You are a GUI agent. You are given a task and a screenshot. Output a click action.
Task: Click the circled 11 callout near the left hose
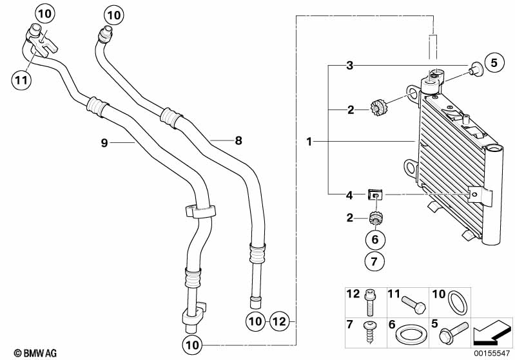pos(21,79)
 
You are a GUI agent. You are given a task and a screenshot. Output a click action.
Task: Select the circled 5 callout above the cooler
pos(494,62)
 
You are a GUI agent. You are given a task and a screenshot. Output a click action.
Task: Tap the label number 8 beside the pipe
pos(238,140)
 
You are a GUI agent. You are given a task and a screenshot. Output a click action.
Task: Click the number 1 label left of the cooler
pos(310,141)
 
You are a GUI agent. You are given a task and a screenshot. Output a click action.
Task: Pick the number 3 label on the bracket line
pos(349,65)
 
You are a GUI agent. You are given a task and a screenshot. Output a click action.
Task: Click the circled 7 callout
pos(375,261)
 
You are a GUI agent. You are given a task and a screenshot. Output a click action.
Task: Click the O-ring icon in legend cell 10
pos(456,302)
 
